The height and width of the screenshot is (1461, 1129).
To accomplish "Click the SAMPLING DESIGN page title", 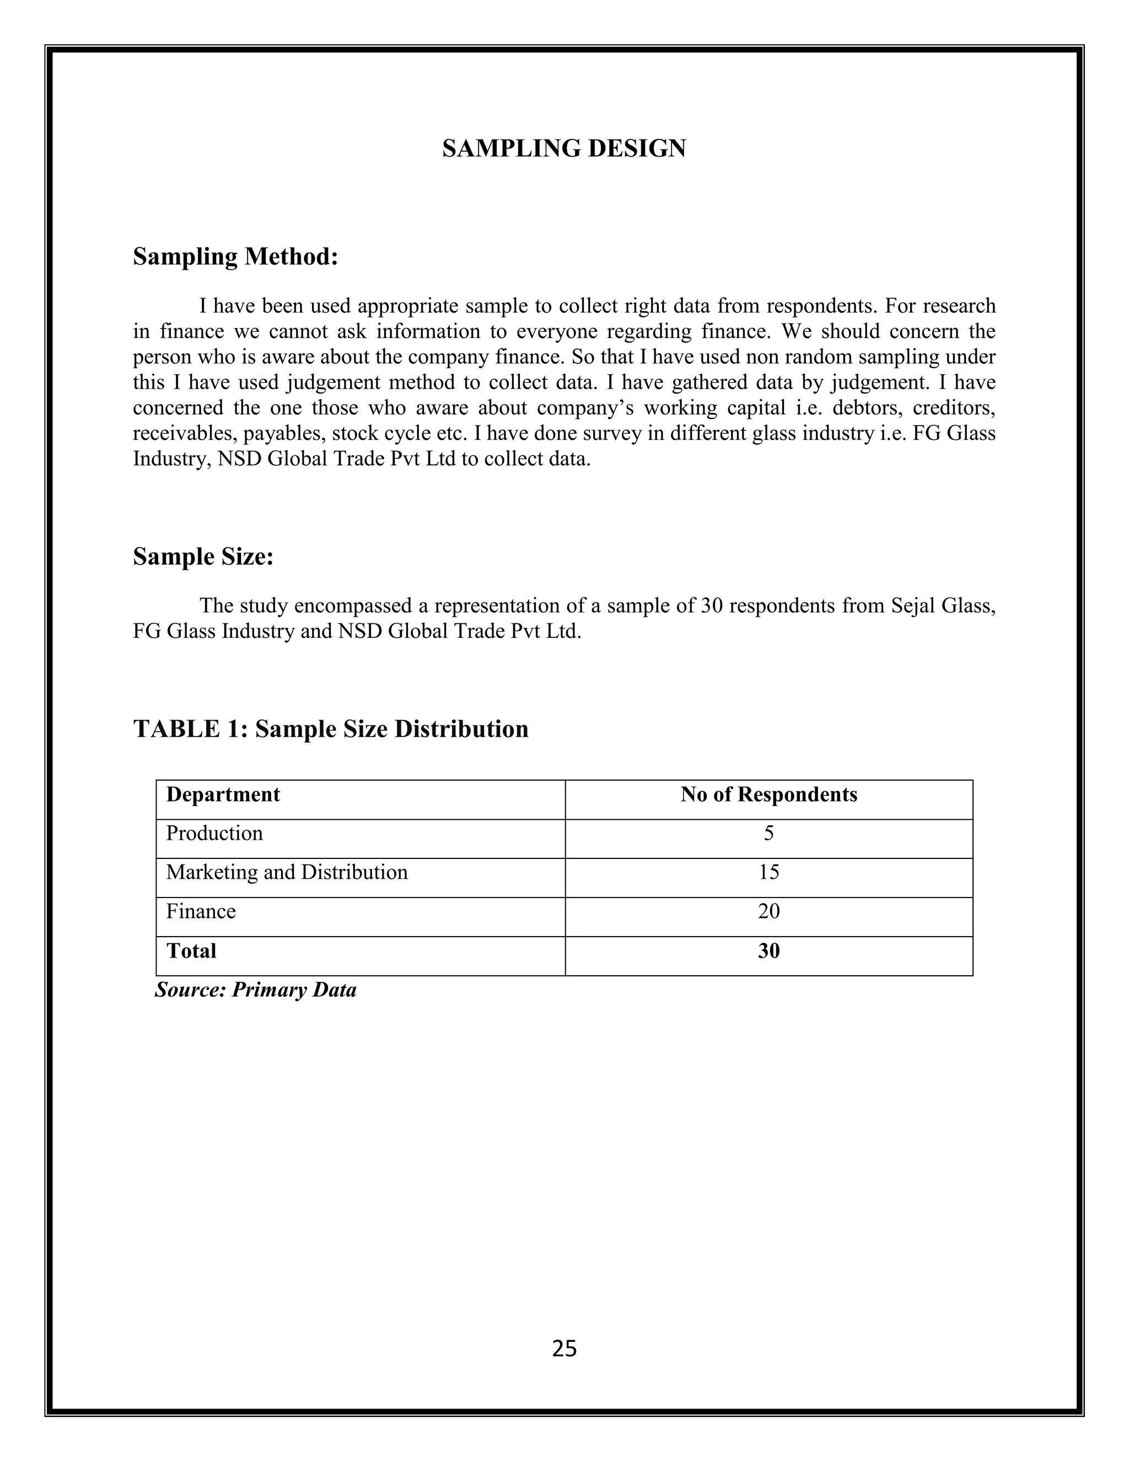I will pos(564,148).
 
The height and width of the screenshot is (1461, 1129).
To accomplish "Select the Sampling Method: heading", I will pos(235,256).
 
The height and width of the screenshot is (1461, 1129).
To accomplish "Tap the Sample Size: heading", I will pos(203,556).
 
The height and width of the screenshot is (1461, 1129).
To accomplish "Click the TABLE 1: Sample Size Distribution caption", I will pos(330,728).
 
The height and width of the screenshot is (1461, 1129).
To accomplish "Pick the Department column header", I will pos(223,794).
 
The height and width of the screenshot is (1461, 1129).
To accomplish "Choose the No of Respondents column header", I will pos(768,794).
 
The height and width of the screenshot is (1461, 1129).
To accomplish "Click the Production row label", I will pos(214,834).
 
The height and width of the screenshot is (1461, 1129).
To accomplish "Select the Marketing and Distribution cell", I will pos(286,872).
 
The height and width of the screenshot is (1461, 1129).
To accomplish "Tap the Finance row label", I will pos(201,912).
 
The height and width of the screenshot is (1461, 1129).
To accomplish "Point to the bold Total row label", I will pos(191,950).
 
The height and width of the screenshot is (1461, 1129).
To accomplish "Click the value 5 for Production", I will pos(768,834).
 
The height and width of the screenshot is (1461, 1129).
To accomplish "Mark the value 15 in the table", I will pos(768,872).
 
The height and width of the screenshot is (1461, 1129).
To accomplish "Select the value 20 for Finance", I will pos(768,912).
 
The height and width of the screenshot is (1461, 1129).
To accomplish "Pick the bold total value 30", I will pos(768,950).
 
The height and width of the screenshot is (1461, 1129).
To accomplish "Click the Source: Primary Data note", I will pos(255,990).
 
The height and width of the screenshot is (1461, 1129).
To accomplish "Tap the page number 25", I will pos(564,1349).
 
